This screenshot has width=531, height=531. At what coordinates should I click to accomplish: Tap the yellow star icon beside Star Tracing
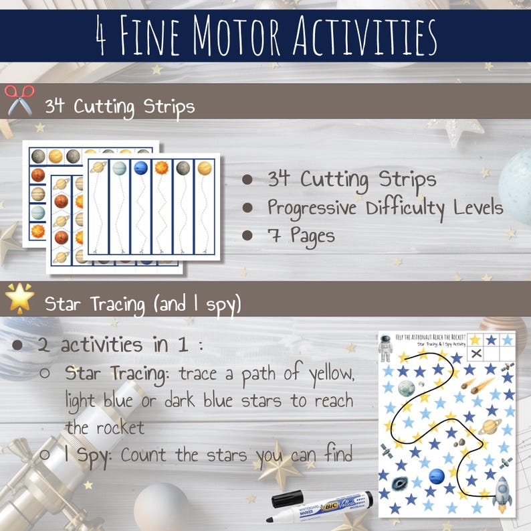(19, 299)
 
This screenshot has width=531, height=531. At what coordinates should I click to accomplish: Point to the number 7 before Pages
(274, 236)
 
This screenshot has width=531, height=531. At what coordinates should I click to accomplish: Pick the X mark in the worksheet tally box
(475, 353)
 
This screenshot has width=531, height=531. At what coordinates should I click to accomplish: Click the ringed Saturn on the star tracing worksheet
(490, 426)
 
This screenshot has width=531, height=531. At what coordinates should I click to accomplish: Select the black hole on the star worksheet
(401, 482)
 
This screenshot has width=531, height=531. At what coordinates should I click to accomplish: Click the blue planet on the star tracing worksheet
(436, 476)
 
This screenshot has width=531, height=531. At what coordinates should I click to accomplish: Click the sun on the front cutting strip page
(161, 168)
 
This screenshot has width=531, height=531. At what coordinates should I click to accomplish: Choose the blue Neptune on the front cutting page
(140, 168)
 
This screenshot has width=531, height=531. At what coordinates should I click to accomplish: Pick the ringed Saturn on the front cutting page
(98, 168)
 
